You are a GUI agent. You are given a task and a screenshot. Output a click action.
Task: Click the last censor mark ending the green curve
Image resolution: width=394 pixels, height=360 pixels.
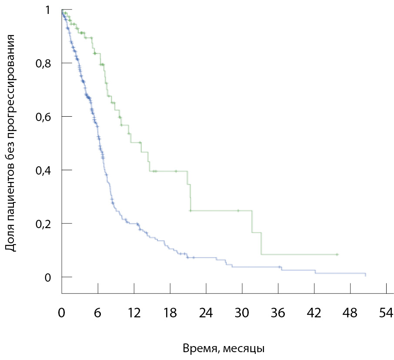coord(337,254)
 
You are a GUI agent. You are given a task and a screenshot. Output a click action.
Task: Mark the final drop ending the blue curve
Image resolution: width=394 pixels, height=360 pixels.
coord(365,275)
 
